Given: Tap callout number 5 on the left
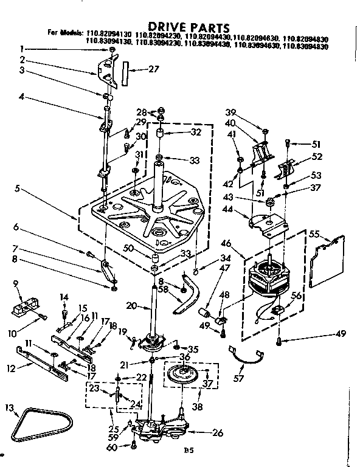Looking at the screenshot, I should (x=19, y=188).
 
